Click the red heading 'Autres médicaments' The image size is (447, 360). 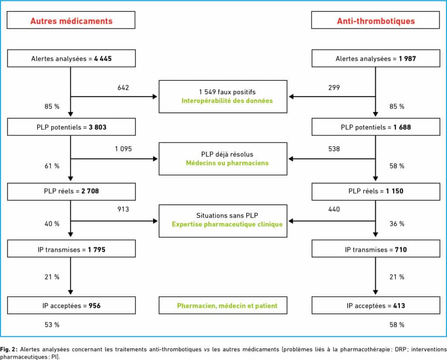[71, 21]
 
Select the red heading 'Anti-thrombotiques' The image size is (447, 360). [376, 21]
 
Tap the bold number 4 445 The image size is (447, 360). [103, 59]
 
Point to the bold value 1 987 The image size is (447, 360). [407, 59]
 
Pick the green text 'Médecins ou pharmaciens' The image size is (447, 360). [227, 163]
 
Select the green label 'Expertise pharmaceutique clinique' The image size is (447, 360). [227, 224]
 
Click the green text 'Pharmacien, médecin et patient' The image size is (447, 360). [227, 306]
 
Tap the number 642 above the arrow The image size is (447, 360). [123, 87]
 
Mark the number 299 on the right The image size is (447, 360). [334, 87]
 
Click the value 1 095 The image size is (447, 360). [124, 149]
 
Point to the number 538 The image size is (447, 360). [334, 149]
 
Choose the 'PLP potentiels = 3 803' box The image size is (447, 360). [71, 127]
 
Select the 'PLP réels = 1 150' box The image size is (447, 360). [376, 191]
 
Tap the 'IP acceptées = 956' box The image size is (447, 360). [71, 305]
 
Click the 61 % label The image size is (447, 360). [52, 166]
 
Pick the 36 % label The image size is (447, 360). [397, 224]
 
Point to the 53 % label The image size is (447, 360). [52, 325]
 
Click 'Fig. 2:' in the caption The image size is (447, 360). [9, 349]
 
